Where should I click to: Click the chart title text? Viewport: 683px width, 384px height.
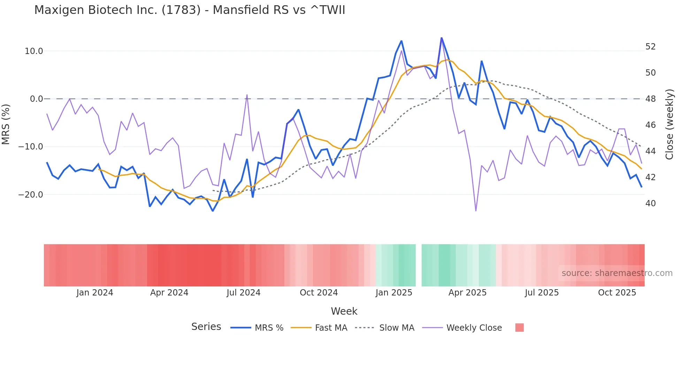click(x=190, y=10)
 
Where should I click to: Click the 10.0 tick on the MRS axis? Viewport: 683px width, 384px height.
click(x=34, y=51)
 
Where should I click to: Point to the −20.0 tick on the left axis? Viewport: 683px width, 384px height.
click(x=31, y=195)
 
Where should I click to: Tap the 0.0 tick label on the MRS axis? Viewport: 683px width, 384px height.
click(x=37, y=99)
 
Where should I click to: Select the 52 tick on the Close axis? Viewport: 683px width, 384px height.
click(x=650, y=47)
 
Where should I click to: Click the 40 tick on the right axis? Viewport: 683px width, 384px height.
click(x=650, y=203)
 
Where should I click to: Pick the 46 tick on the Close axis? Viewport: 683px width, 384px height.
click(x=650, y=125)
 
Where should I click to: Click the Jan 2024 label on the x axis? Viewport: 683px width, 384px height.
click(x=95, y=293)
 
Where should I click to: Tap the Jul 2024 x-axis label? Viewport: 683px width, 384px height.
click(x=244, y=293)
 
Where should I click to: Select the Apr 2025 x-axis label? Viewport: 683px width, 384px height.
click(x=467, y=293)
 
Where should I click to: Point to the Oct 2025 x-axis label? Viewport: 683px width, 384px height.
click(x=617, y=293)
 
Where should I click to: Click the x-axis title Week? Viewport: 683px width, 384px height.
click(x=344, y=311)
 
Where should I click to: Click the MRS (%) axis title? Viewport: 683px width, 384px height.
click(x=6, y=124)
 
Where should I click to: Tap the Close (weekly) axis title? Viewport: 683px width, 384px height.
click(x=669, y=124)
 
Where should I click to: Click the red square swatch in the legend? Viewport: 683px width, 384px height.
click(x=519, y=328)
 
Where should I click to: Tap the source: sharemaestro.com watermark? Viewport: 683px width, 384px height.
click(x=617, y=273)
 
